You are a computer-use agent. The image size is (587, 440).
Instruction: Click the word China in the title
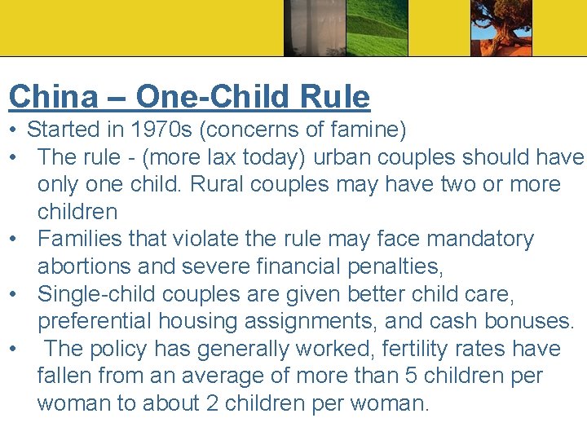(53, 97)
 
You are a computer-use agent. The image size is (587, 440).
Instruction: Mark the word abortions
(89, 267)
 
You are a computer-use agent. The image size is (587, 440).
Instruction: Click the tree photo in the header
(501, 28)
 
